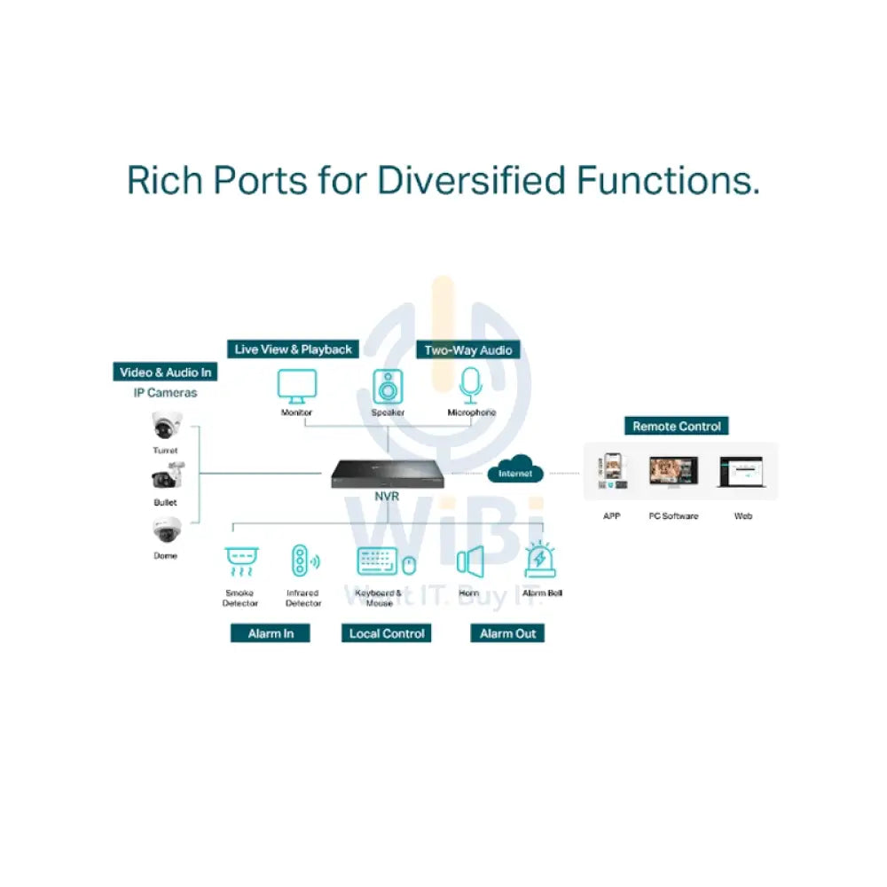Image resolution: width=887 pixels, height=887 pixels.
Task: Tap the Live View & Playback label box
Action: point(294,349)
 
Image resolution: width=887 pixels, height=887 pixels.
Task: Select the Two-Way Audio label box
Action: point(468,349)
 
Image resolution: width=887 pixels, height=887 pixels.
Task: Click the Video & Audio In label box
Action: point(166,373)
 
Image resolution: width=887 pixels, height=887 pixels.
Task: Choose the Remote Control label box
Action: point(677,427)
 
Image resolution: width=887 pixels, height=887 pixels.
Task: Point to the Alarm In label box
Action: point(271,633)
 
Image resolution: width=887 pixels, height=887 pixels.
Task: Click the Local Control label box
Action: point(387,633)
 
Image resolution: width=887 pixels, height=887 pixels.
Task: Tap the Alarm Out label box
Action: point(508,633)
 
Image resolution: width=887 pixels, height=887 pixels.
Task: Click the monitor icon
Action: point(296,385)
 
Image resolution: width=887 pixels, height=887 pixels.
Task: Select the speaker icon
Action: point(388,387)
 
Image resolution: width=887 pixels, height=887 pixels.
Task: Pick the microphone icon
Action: point(470,385)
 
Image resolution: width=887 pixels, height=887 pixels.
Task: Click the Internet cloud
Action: point(515,469)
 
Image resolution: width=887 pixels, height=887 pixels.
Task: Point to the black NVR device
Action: point(388,473)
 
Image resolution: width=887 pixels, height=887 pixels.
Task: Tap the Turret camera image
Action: point(165,427)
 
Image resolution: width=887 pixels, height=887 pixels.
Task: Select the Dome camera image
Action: point(165,530)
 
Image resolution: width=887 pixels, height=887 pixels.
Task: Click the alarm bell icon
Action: point(540,561)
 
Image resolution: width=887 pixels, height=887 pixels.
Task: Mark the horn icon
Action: point(469,561)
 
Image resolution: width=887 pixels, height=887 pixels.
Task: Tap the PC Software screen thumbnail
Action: point(673,473)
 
